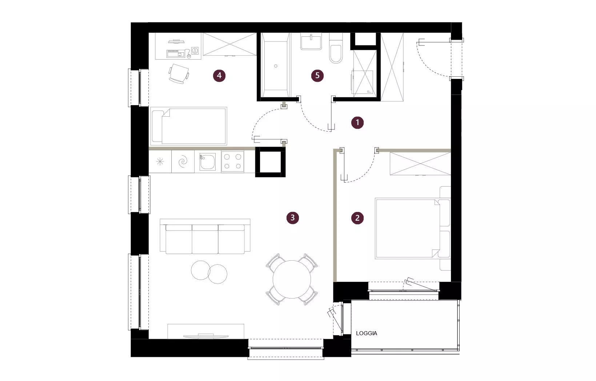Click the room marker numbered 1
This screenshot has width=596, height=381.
[357, 123]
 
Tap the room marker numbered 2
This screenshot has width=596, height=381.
[357, 218]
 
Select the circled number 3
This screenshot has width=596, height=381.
[292, 218]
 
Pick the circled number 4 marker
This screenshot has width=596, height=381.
[219, 76]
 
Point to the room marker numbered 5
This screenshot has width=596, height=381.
[317, 76]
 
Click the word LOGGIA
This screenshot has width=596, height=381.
[367, 333]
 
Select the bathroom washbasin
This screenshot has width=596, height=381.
[311, 41]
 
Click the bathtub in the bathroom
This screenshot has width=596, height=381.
[276, 65]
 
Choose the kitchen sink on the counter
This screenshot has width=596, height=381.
[207, 162]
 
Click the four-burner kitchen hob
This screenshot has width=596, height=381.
[233, 161]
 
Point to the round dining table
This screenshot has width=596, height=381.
[292, 279]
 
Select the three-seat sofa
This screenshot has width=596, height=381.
[205, 236]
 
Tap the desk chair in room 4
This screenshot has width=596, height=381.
[179, 74]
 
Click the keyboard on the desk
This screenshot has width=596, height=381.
[176, 54]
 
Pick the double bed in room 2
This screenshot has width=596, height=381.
[413, 228]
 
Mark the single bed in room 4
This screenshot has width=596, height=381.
[189, 126]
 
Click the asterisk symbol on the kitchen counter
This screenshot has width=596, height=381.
[160, 161]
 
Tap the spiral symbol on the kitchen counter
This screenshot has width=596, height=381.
[183, 161]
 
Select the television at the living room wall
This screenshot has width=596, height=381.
[206, 336]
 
